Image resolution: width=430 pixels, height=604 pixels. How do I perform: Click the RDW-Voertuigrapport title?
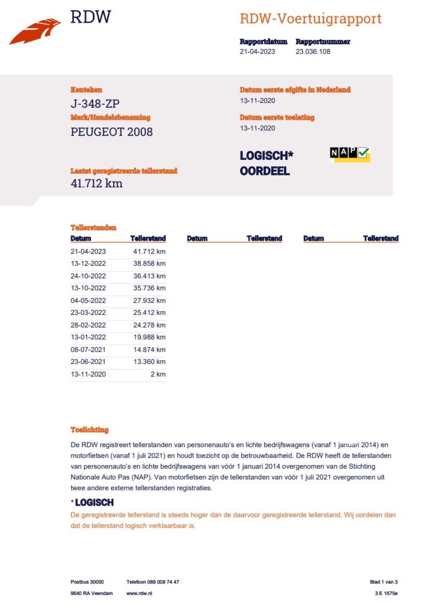point(310,18)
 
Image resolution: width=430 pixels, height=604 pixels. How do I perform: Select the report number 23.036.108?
point(313,52)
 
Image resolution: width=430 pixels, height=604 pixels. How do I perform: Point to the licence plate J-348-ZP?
point(95,103)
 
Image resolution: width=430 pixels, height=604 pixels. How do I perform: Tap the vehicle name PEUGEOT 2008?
point(112,132)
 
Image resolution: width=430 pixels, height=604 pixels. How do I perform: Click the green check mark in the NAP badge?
point(363,153)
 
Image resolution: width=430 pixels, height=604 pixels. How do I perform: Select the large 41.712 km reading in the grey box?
point(97,183)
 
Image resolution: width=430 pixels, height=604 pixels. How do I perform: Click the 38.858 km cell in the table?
point(149,264)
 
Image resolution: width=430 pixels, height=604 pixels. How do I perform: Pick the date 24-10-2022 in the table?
point(88,276)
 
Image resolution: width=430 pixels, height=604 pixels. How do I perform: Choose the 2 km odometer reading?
point(158,374)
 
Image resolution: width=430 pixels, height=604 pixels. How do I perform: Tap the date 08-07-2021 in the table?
point(88,350)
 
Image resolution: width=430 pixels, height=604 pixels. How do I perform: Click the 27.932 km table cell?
point(149,301)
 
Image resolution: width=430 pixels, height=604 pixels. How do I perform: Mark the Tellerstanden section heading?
point(93,228)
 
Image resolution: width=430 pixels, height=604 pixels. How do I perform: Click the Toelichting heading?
point(89,430)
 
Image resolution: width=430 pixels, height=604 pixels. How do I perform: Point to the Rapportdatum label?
point(263,42)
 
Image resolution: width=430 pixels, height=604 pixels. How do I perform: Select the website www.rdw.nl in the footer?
point(139,594)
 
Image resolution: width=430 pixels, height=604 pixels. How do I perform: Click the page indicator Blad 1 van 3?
point(384,582)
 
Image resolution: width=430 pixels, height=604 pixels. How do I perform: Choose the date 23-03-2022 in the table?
point(88,313)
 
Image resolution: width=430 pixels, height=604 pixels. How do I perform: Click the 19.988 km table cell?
point(149,337)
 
